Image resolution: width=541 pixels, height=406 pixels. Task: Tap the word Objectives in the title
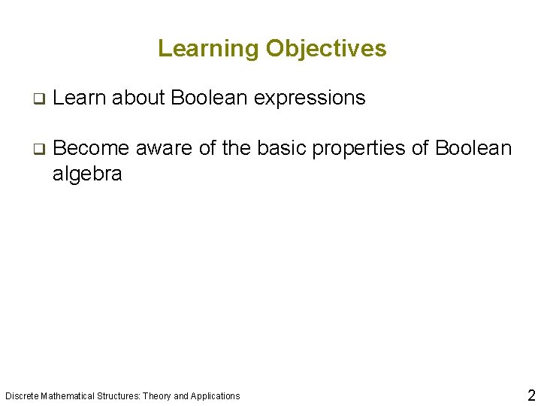coord(325,49)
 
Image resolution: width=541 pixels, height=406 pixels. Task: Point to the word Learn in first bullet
coord(80,98)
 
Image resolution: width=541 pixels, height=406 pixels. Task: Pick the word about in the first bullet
coord(139,98)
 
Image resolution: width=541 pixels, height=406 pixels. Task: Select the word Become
coord(92,148)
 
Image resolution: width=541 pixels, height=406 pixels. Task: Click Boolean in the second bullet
coord(473,148)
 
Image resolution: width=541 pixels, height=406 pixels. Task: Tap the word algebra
coord(87,174)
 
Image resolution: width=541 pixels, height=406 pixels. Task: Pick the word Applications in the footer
coord(215,396)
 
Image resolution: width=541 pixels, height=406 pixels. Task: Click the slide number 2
coord(530,395)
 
